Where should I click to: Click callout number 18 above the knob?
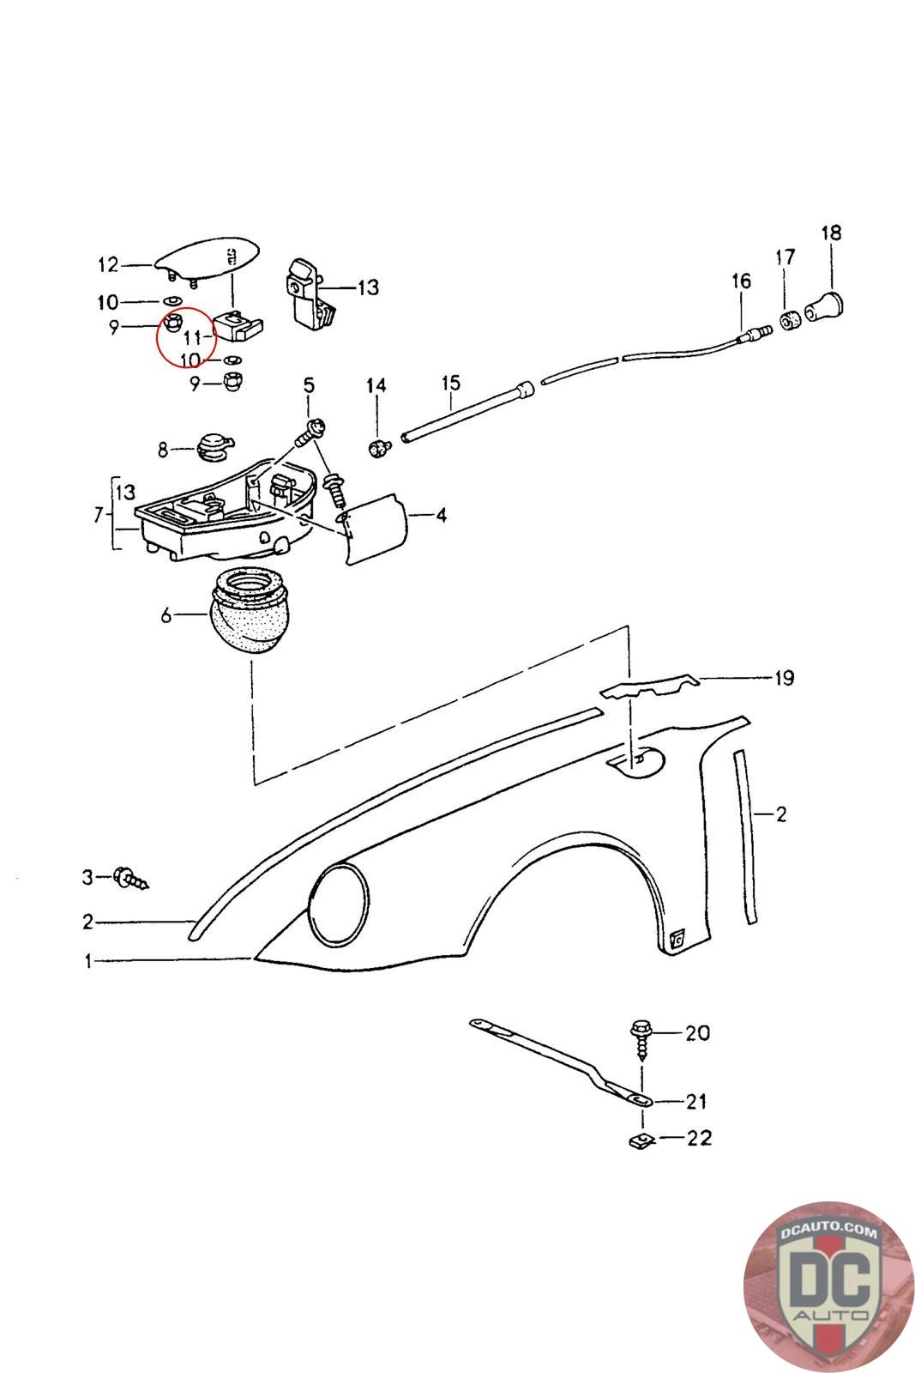tap(831, 233)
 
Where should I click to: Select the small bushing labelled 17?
tap(789, 321)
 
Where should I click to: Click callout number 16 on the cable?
tap(741, 281)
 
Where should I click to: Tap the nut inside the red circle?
tap(174, 324)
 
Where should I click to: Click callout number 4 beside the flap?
tap(441, 516)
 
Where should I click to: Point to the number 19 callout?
tap(784, 678)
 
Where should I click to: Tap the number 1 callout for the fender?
tap(87, 962)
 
